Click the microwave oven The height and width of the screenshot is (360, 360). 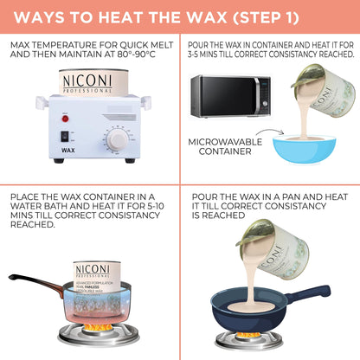coord(228,96)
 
